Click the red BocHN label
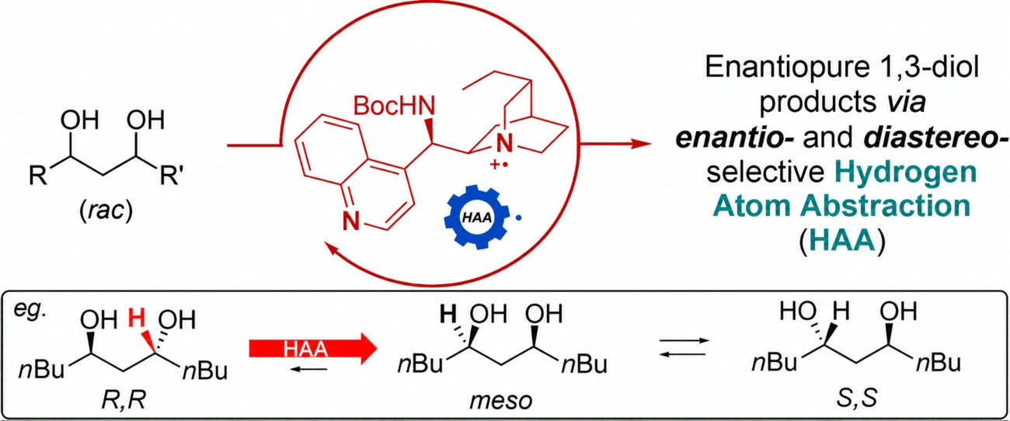[394, 106]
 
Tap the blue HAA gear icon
[476, 217]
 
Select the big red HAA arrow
[313, 349]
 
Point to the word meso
[500, 401]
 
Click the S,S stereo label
[857, 399]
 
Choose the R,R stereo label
[124, 400]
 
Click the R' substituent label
[172, 176]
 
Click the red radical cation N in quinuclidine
[504, 144]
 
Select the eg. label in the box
[30, 311]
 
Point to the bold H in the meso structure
[448, 314]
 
